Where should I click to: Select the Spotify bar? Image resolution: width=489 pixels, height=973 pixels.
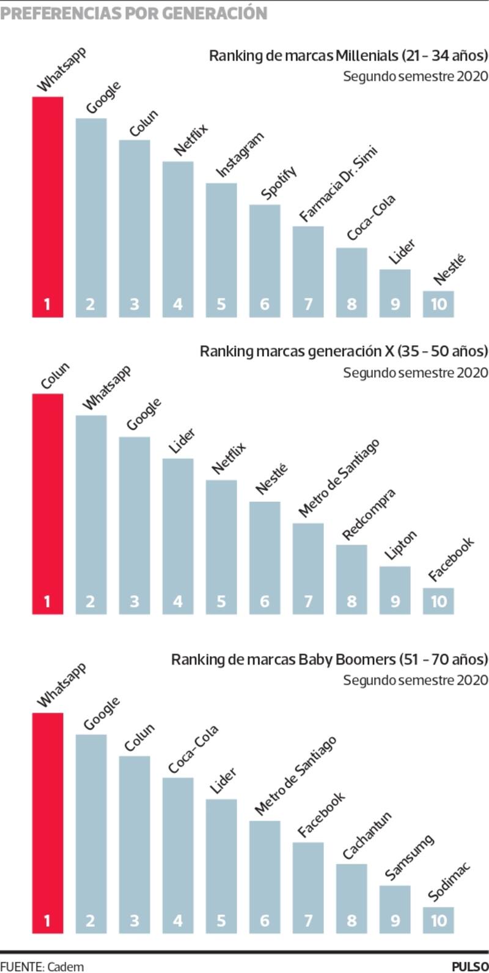click(265, 260)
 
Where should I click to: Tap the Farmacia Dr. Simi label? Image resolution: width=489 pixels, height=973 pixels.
click(338, 184)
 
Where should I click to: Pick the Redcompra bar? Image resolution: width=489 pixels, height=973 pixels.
click(351, 578)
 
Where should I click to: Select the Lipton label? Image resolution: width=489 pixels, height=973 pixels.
click(400, 545)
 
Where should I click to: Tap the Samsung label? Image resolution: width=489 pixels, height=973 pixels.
click(409, 857)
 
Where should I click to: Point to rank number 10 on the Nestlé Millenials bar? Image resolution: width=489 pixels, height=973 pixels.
click(438, 304)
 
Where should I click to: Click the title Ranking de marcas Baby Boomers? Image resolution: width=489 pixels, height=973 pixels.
click(329, 660)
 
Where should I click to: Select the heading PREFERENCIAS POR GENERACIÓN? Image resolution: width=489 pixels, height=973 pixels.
click(134, 13)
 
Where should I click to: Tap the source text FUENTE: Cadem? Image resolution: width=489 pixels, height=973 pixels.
click(42, 966)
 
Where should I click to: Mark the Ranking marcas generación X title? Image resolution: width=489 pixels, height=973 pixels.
click(344, 351)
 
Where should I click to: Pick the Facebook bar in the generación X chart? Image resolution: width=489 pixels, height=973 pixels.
click(438, 600)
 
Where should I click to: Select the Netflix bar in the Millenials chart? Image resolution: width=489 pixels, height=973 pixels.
click(178, 239)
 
